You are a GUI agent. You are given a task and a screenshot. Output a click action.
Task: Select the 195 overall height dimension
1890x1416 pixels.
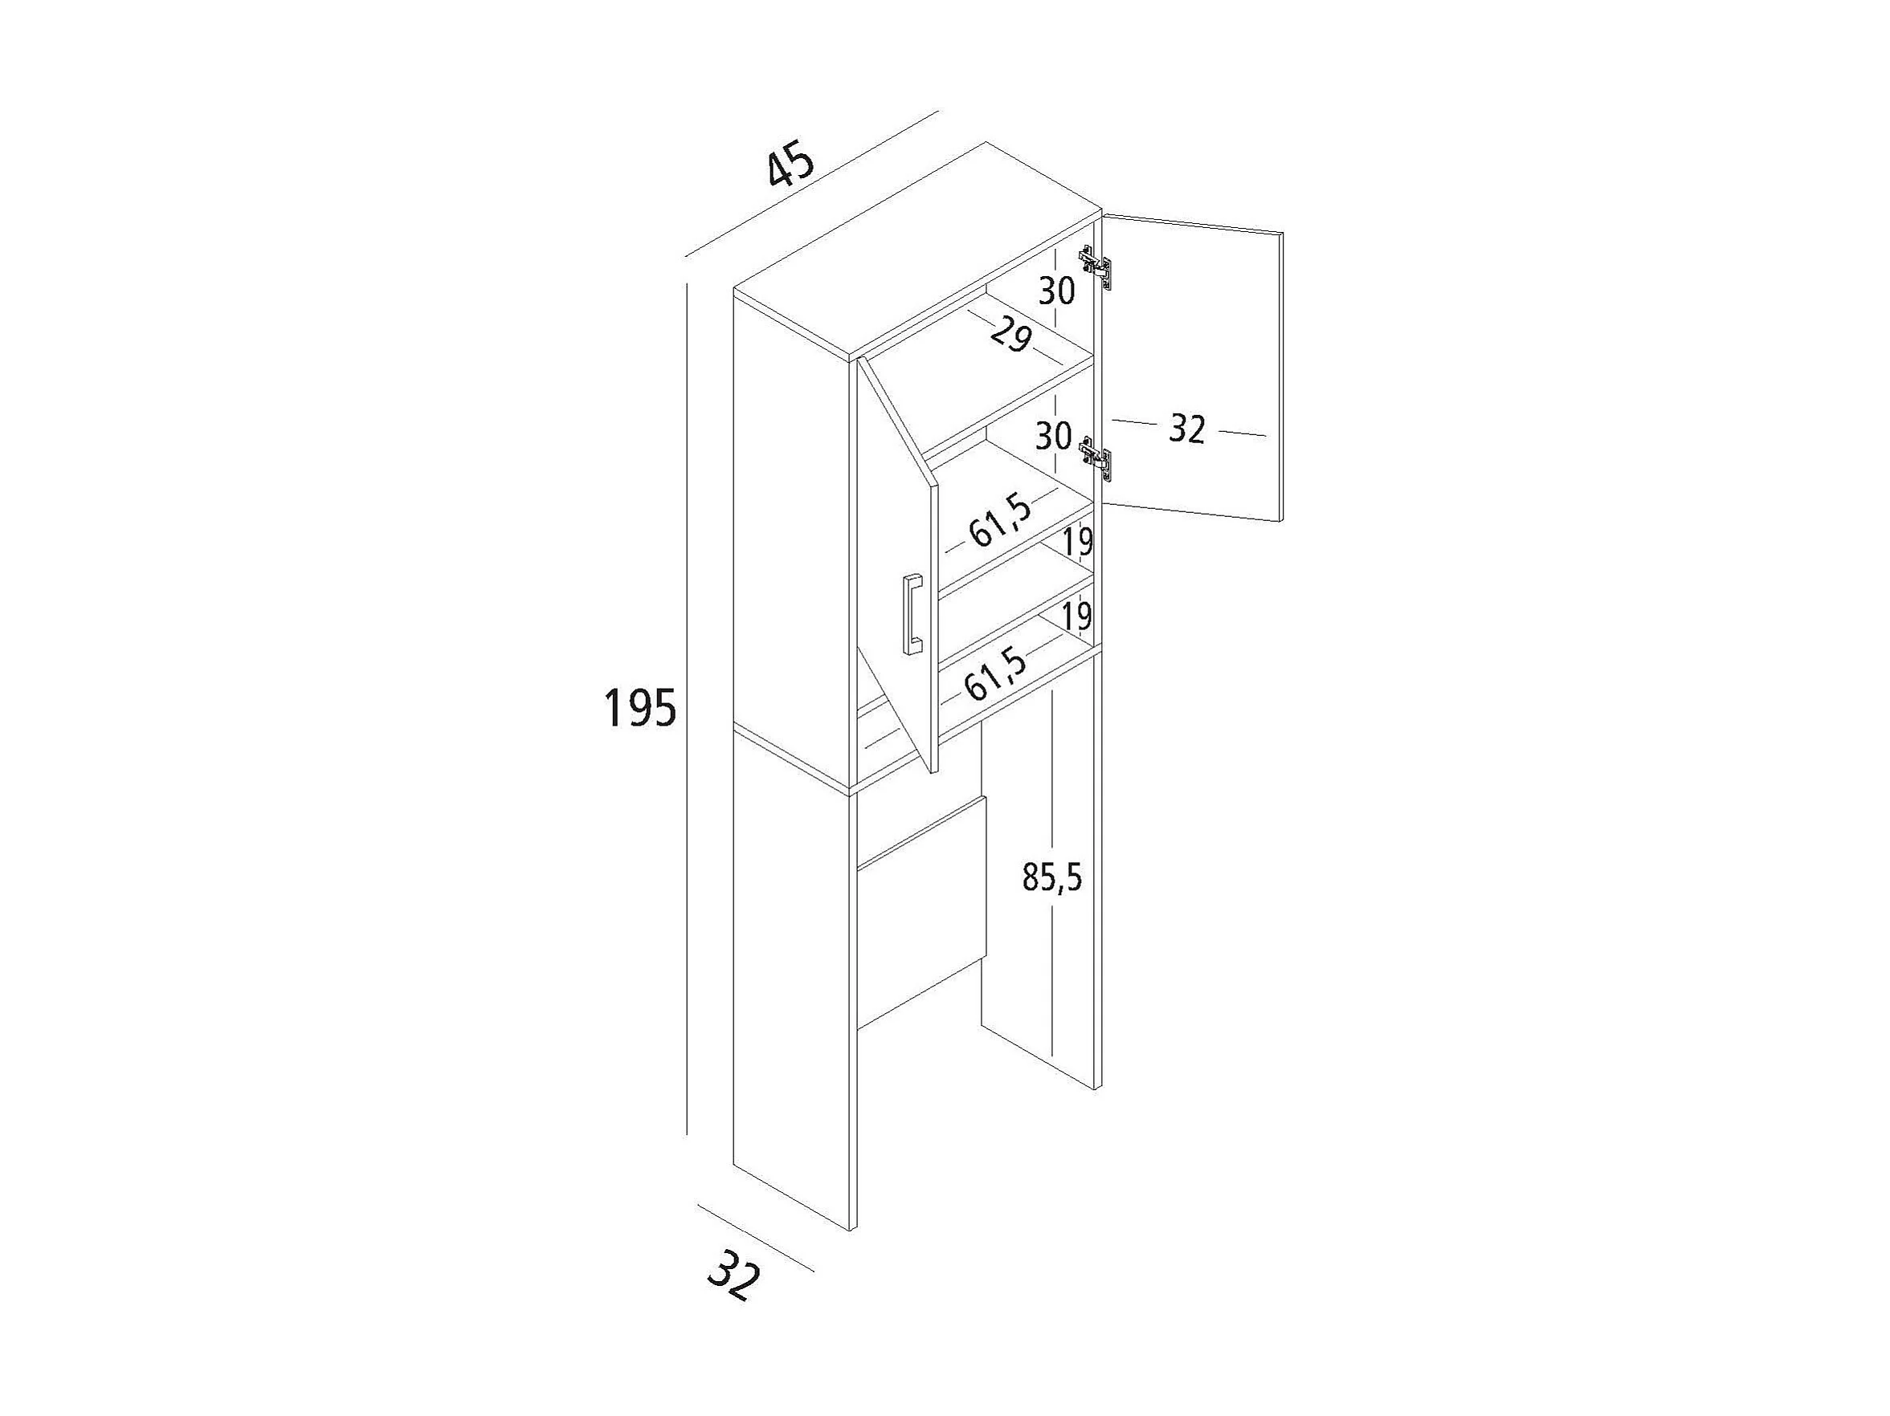(x=640, y=708)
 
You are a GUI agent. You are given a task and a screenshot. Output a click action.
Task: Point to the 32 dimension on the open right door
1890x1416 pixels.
(x=1187, y=429)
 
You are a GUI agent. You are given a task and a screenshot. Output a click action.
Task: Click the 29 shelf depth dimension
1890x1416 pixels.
(x=1011, y=336)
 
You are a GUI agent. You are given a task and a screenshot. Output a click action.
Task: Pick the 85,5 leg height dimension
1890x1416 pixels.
(x=1051, y=877)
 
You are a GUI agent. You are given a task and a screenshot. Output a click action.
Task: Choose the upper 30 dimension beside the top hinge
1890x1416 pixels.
(x=1057, y=291)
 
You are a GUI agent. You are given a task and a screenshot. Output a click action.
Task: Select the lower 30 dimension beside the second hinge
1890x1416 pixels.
(x=1054, y=436)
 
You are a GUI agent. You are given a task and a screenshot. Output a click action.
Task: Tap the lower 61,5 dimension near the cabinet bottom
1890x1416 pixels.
(x=994, y=673)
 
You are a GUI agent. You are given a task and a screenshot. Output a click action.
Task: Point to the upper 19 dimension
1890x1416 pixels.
(x=1077, y=542)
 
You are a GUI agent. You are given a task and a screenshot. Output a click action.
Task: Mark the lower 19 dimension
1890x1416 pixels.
(x=1078, y=616)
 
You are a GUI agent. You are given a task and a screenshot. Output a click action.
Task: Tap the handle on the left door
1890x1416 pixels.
(x=912, y=613)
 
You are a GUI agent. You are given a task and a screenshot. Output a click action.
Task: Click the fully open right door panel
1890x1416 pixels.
(x=1193, y=368)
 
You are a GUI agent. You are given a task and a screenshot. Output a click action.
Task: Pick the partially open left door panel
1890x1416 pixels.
(x=897, y=564)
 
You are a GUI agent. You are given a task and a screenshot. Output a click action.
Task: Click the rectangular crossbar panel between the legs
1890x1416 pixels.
(x=921, y=912)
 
